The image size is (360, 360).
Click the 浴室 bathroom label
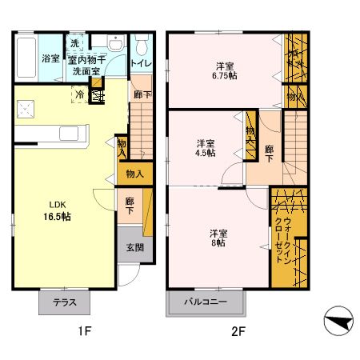[50, 58]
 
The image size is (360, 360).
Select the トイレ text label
[141, 58]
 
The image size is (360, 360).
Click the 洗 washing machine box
[74, 43]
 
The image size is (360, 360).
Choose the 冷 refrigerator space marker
[80, 94]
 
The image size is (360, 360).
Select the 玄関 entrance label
[134, 248]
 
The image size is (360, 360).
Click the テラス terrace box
[65, 304]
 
